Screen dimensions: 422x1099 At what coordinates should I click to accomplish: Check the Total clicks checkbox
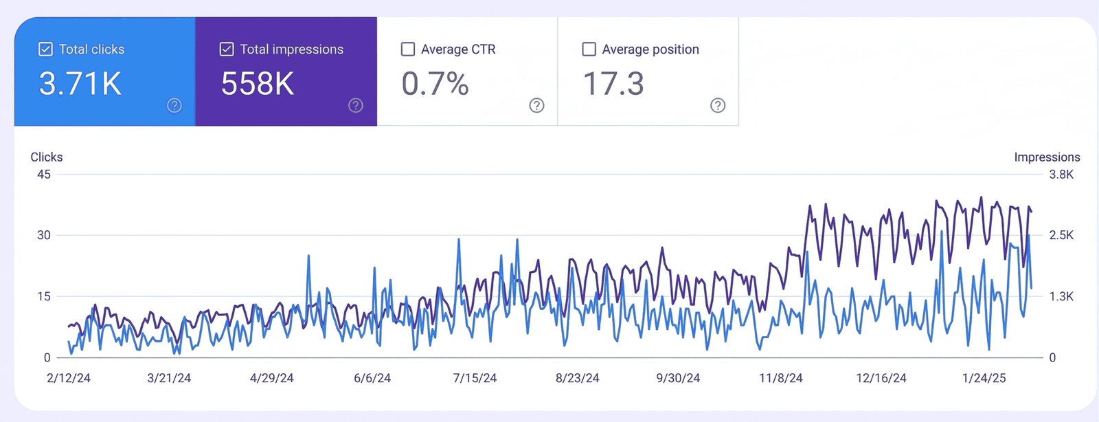pos(45,49)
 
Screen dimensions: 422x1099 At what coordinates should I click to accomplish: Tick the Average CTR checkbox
pos(408,49)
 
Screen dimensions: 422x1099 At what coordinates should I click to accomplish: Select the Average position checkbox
pos(589,49)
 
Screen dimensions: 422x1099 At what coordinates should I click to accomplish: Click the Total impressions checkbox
pos(227,49)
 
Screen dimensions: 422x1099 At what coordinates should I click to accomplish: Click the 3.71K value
pos(80,85)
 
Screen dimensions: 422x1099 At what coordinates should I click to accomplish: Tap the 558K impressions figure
pos(258,85)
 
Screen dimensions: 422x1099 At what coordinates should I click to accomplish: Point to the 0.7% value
pos(435,85)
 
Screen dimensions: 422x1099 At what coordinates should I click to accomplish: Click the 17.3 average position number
pos(613,85)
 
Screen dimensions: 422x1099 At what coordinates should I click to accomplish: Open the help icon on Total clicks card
pos(174,105)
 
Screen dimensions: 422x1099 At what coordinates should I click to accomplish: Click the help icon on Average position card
pos(718,105)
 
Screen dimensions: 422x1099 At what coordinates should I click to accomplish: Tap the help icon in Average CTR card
pos(537,105)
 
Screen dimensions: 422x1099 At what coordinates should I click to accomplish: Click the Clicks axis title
pos(47,157)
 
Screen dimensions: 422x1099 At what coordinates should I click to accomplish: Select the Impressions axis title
pos(1047,157)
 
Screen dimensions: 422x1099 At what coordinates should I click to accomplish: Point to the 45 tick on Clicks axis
pos(44,175)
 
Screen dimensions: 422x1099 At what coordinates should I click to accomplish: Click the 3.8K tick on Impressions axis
pos(1061,175)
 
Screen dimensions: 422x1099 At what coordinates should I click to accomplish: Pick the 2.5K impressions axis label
pos(1061,235)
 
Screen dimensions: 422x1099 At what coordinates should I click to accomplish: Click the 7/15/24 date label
pos(475,378)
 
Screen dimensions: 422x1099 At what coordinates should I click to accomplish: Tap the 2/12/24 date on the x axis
pos(69,378)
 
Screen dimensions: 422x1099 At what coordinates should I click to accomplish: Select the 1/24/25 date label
pos(984,378)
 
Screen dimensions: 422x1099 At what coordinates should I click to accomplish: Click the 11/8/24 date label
pos(780,378)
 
